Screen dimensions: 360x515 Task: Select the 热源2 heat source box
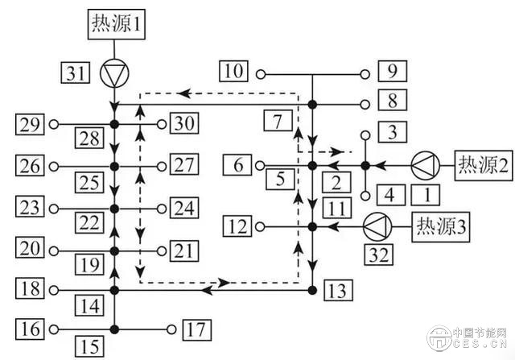point(483,165)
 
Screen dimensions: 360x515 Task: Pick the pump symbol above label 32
point(376,223)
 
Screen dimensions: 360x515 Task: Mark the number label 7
point(276,124)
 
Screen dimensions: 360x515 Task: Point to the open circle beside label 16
point(53,329)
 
